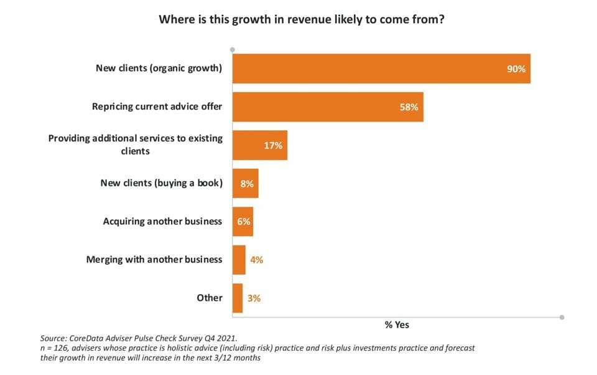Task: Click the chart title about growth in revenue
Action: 301,19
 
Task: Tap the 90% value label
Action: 516,69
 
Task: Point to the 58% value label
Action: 409,107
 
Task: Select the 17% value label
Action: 274,145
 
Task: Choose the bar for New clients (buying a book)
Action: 245,183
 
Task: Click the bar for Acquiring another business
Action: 243,221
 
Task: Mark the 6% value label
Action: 243,221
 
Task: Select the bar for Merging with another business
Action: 239,260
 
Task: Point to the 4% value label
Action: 256,260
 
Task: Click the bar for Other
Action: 238,298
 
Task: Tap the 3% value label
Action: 254,298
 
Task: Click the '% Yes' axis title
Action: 397,325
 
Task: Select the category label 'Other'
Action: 210,298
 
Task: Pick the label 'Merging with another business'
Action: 154,259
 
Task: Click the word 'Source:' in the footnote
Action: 54,338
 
